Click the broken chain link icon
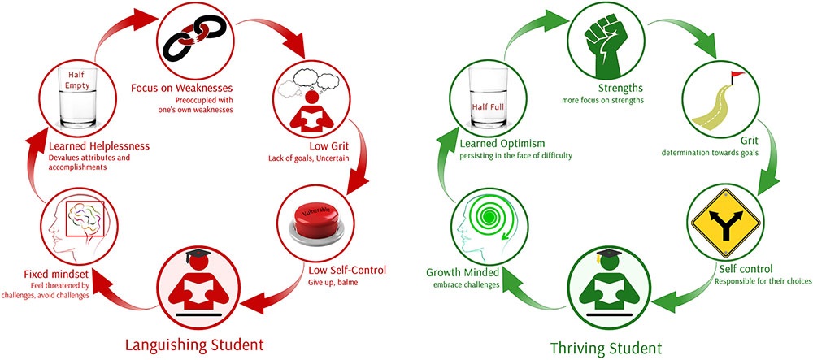tap(195, 37)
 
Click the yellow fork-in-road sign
tap(726, 223)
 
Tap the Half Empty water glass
tap(77, 97)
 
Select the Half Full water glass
tap(487, 97)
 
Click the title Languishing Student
tap(195, 344)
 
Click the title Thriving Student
tap(606, 347)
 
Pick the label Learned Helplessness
tap(98, 146)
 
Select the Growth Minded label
tap(463, 272)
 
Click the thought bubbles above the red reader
tap(308, 80)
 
